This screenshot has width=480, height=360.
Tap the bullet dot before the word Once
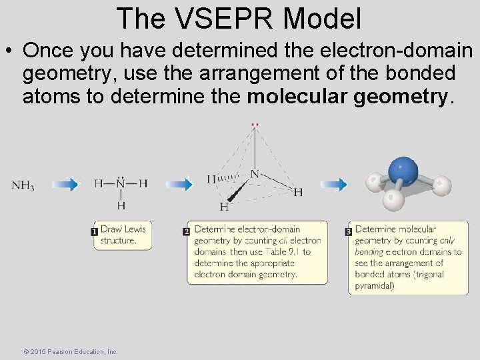coord(10,51)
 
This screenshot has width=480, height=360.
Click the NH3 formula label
coord(23,185)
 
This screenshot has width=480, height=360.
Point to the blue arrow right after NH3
coord(65,185)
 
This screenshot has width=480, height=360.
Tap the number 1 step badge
coord(95,232)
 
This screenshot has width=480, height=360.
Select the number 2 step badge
coord(187,232)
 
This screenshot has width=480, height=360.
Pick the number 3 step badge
coord(349,232)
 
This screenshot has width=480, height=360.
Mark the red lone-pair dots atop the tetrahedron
coord(255,125)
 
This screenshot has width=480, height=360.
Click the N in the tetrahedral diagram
coord(254,175)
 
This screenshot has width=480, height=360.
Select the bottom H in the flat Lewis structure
coord(121,205)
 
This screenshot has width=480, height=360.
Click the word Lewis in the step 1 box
coord(134,229)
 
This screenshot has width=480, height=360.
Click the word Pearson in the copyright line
coord(61,351)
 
